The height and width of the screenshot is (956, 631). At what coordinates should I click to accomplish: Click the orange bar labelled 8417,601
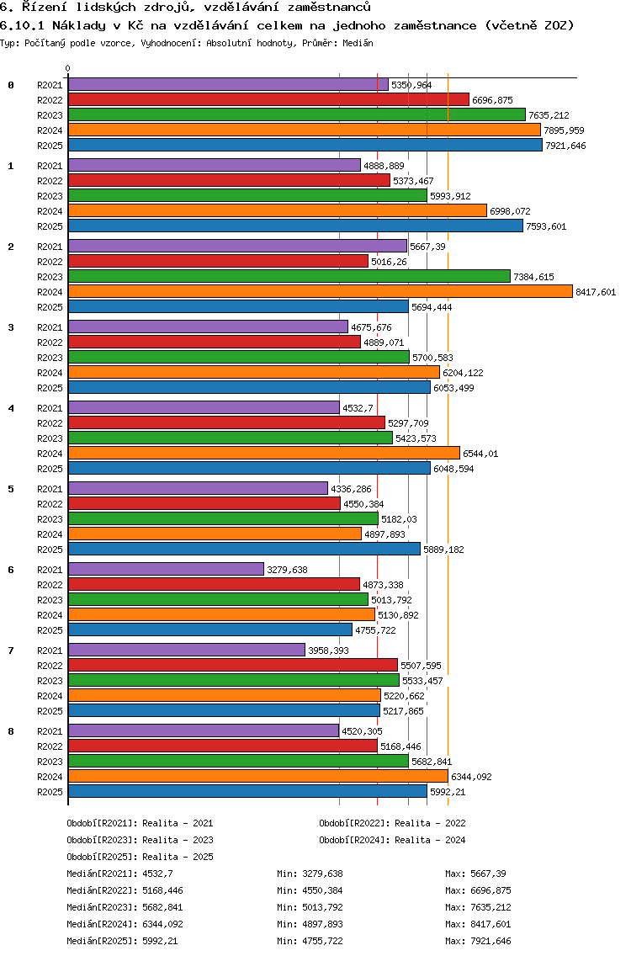[320, 291]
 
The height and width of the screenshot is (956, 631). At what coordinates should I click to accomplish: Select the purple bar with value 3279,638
[166, 569]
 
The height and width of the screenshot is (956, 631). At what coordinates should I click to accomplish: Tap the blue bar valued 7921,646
[305, 145]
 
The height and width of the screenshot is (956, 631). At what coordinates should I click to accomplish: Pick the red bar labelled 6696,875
[268, 99]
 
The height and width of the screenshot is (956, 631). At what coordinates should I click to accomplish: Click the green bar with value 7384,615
[289, 276]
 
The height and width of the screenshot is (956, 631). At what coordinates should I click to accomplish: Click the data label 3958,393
[328, 651]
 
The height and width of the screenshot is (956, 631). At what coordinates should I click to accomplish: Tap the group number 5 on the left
[11, 489]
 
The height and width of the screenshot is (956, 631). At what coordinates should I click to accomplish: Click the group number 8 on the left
[11, 731]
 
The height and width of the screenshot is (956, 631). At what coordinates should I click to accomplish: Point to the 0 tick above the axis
[68, 69]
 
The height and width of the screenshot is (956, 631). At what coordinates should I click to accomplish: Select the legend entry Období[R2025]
[102, 857]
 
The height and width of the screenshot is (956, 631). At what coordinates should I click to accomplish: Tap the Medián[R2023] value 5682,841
[162, 907]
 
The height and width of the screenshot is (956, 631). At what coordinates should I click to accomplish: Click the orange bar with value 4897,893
[214, 534]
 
